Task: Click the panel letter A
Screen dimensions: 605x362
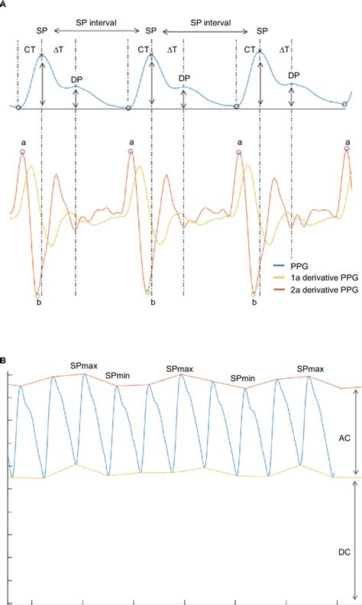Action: tap(4, 4)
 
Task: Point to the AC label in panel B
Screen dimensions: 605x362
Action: tap(344, 439)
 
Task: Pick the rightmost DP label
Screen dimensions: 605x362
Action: tap(293, 76)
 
